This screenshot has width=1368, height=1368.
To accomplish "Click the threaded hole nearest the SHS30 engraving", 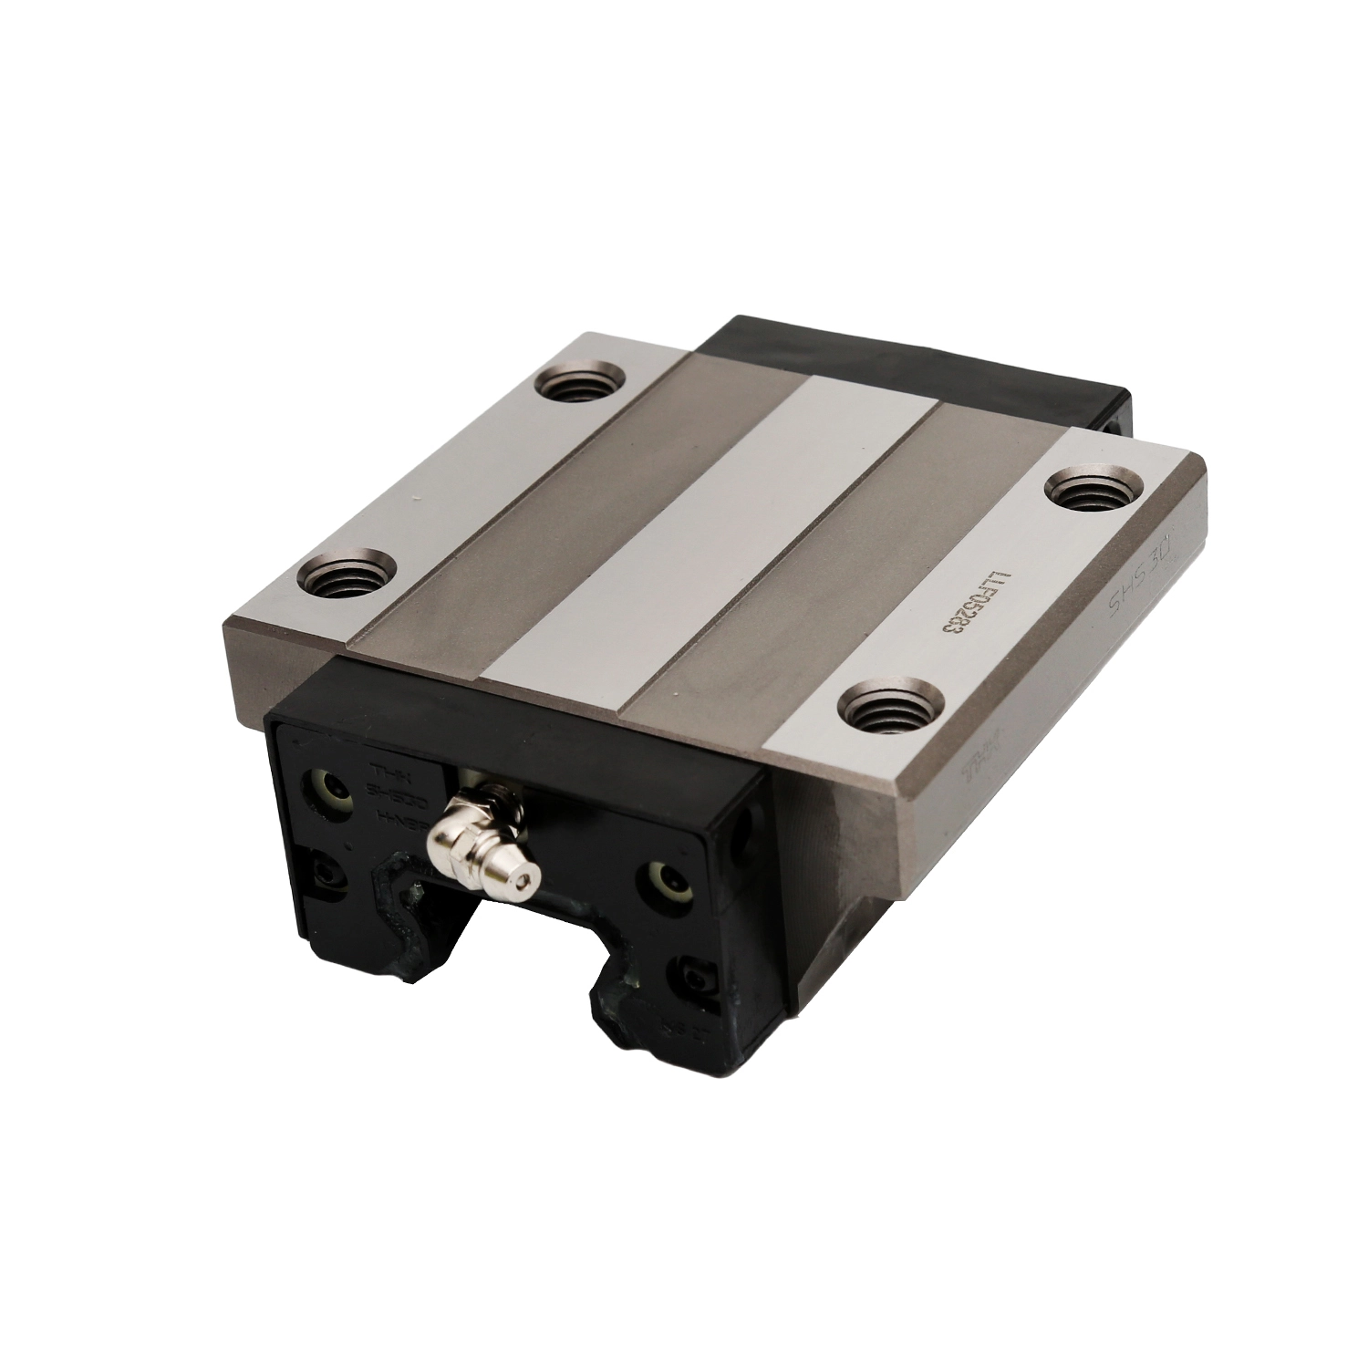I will [x=1092, y=495].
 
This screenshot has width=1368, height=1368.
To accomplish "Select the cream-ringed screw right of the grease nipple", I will [x=661, y=874].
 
